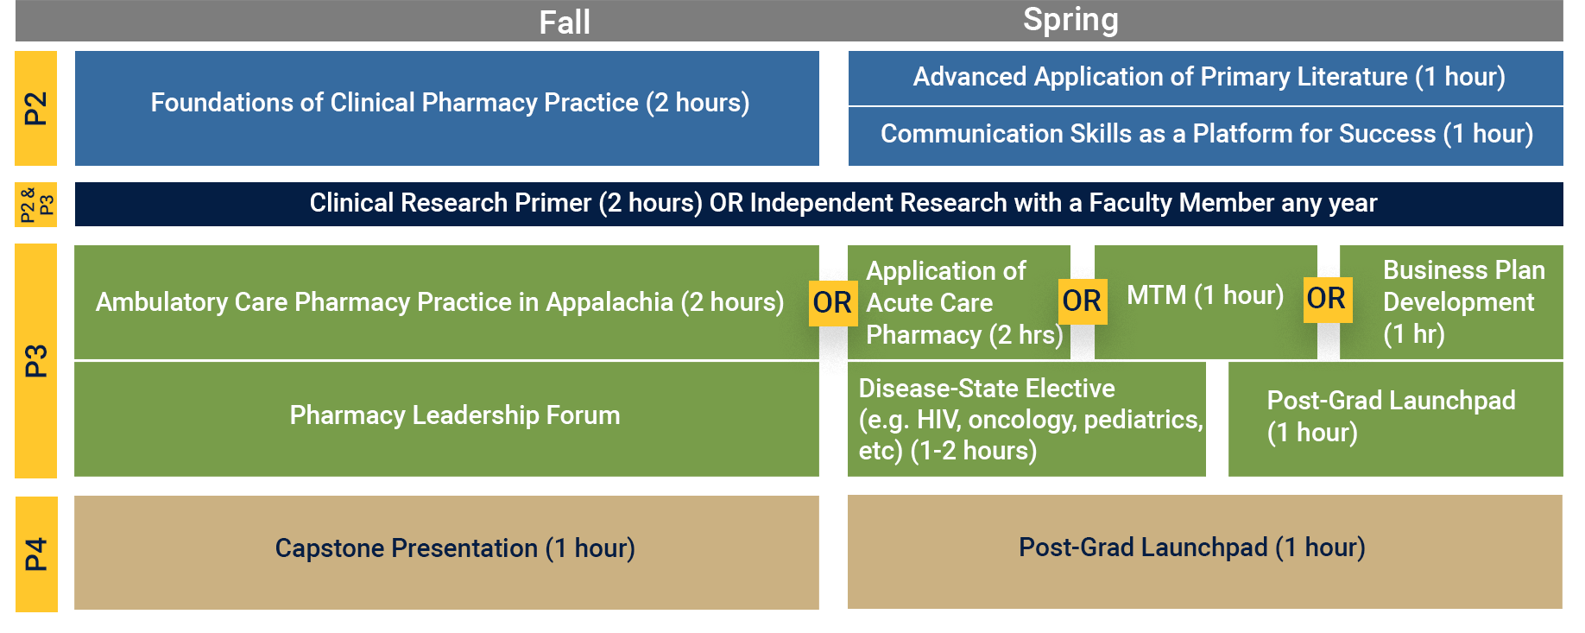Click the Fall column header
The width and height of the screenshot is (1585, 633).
tap(565, 22)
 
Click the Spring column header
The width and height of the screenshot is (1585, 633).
tap(1070, 20)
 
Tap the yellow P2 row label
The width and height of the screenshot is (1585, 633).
tap(35, 108)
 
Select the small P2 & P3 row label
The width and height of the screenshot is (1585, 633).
tap(35, 205)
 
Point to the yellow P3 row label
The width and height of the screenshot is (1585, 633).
tap(35, 360)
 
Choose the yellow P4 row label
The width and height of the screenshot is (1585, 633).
tap(36, 554)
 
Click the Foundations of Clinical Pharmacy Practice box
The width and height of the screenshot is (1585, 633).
tap(447, 108)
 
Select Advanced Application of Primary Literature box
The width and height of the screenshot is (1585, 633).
tap(1205, 78)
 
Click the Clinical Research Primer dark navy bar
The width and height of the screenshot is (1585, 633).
tap(818, 204)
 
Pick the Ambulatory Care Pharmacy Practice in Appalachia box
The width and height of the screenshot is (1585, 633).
tap(446, 302)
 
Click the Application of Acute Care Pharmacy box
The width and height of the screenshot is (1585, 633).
tap(958, 302)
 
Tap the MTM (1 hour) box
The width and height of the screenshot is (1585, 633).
tap(1205, 302)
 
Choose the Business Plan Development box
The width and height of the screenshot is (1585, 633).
tap(1451, 302)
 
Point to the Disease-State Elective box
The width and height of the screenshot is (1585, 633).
tap(1026, 419)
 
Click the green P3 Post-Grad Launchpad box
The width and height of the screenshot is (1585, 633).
tap(1395, 419)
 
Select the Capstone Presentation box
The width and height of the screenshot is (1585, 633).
tap(446, 553)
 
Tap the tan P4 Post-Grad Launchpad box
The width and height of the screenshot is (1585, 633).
tap(1205, 552)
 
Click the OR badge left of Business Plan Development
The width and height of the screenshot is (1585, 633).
tap(1326, 299)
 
